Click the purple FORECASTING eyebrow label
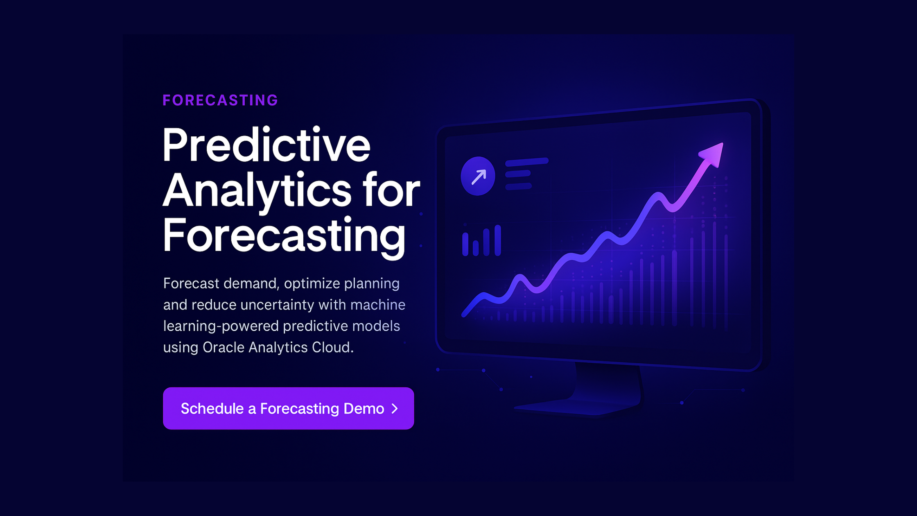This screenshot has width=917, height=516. click(x=220, y=100)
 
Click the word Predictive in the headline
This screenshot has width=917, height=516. click(x=266, y=146)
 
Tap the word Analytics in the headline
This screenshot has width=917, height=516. click(x=257, y=191)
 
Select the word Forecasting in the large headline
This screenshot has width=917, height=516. click(x=284, y=236)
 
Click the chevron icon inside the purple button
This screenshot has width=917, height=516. click(x=395, y=409)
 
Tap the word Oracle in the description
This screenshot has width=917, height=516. click(x=224, y=348)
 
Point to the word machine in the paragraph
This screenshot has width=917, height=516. click(x=377, y=305)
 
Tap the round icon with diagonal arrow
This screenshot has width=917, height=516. click(x=478, y=177)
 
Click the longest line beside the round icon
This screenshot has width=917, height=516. click(x=526, y=162)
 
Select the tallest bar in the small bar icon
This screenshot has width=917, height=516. click(x=498, y=240)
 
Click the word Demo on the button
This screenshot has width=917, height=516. click(x=364, y=409)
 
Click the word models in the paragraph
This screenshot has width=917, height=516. click(x=376, y=326)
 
